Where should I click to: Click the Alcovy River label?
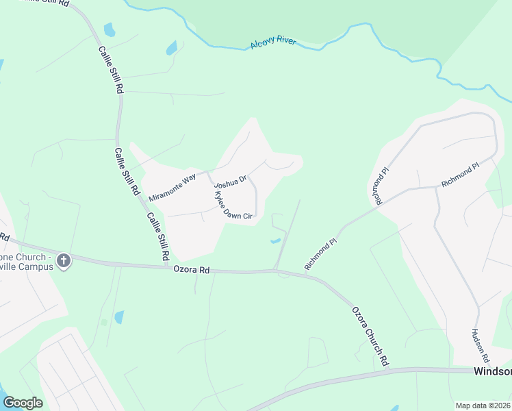272,43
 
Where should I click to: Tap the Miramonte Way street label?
172,187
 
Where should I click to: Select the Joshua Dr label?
229,182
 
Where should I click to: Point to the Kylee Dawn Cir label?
233,205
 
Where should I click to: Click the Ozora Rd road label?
191,270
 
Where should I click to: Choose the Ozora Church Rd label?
370,335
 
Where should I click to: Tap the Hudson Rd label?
480,345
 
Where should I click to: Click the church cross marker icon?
64,260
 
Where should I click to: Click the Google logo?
23,403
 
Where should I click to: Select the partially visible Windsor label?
492,371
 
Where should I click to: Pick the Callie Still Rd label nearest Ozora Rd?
157,236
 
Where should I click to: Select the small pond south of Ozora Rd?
119,317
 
